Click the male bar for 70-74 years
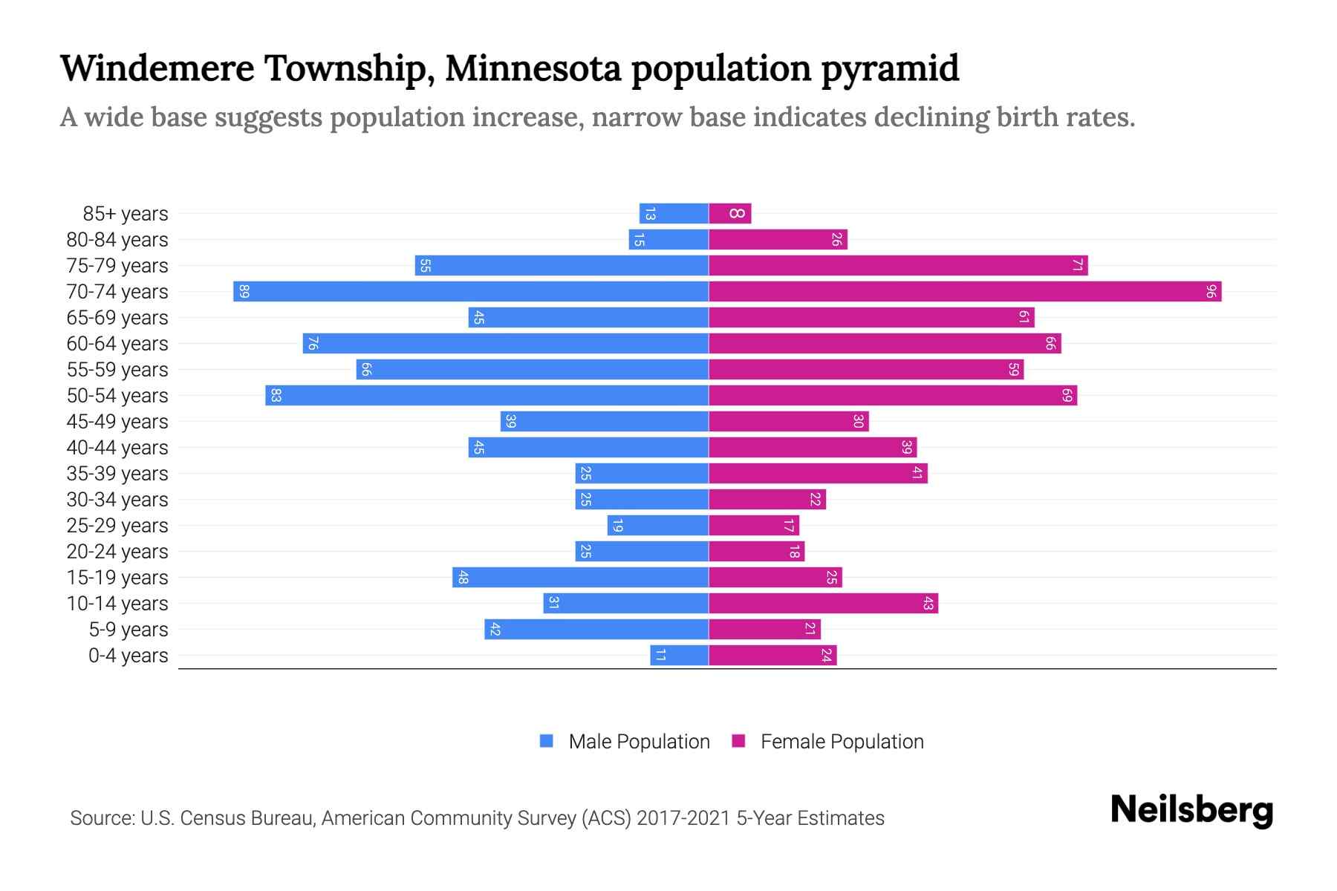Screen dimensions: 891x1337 click(471, 291)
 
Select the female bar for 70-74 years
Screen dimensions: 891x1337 click(965, 291)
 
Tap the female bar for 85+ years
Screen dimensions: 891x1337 click(729, 214)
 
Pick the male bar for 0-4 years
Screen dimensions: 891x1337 click(679, 655)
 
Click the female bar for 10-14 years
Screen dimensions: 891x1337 click(823, 603)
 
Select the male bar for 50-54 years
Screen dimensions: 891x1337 click(487, 395)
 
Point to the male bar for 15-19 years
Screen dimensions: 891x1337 click(580, 577)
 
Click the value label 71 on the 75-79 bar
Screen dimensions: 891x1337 click(1077, 266)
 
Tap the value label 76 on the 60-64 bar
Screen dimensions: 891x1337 click(313, 343)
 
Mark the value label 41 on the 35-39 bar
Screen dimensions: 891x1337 click(917, 473)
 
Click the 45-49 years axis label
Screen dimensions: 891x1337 click(117, 422)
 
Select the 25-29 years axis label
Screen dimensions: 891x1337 click(117, 526)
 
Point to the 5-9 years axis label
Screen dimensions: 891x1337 click(129, 630)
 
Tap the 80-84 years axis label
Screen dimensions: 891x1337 click(117, 240)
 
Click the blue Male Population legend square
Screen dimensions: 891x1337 click(547, 741)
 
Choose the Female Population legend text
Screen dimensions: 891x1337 click(842, 742)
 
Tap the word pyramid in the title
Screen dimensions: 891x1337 click(889, 68)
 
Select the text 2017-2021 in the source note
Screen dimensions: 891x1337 click(683, 818)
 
